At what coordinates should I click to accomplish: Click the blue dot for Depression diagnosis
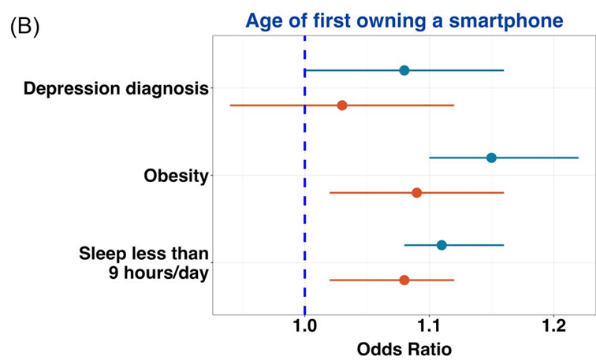pos(404,70)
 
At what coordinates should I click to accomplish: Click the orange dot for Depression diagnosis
pos(342,106)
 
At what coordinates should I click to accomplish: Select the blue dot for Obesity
pos(491,158)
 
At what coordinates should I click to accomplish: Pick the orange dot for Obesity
pos(416,192)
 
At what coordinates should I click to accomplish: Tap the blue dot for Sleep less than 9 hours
pos(441,245)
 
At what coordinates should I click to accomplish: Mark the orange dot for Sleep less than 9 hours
pos(404,280)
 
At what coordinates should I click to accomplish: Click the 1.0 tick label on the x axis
pos(304,326)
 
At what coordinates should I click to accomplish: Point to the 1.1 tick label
pos(429,326)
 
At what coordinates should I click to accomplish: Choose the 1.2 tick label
pos(553,326)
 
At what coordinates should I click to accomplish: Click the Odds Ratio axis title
pos(404,349)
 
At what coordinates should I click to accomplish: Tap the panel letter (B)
pos(24,27)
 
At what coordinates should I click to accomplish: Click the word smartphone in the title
pos(506,20)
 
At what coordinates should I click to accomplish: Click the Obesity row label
pos(176,176)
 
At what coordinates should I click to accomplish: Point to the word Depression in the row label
pos(73,89)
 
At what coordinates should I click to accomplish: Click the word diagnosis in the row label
pos(167,89)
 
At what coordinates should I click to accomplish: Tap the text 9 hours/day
pos(159,273)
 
